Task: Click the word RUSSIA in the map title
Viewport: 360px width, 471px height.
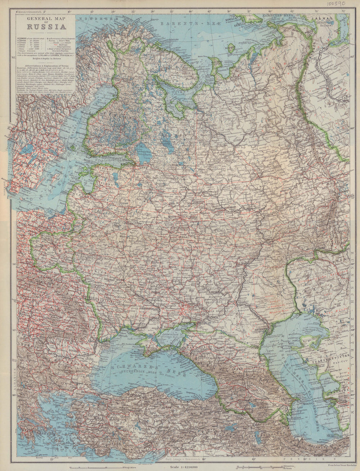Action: click(46, 27)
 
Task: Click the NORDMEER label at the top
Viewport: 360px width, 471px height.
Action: click(94, 18)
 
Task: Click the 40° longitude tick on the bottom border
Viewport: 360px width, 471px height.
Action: click(204, 459)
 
